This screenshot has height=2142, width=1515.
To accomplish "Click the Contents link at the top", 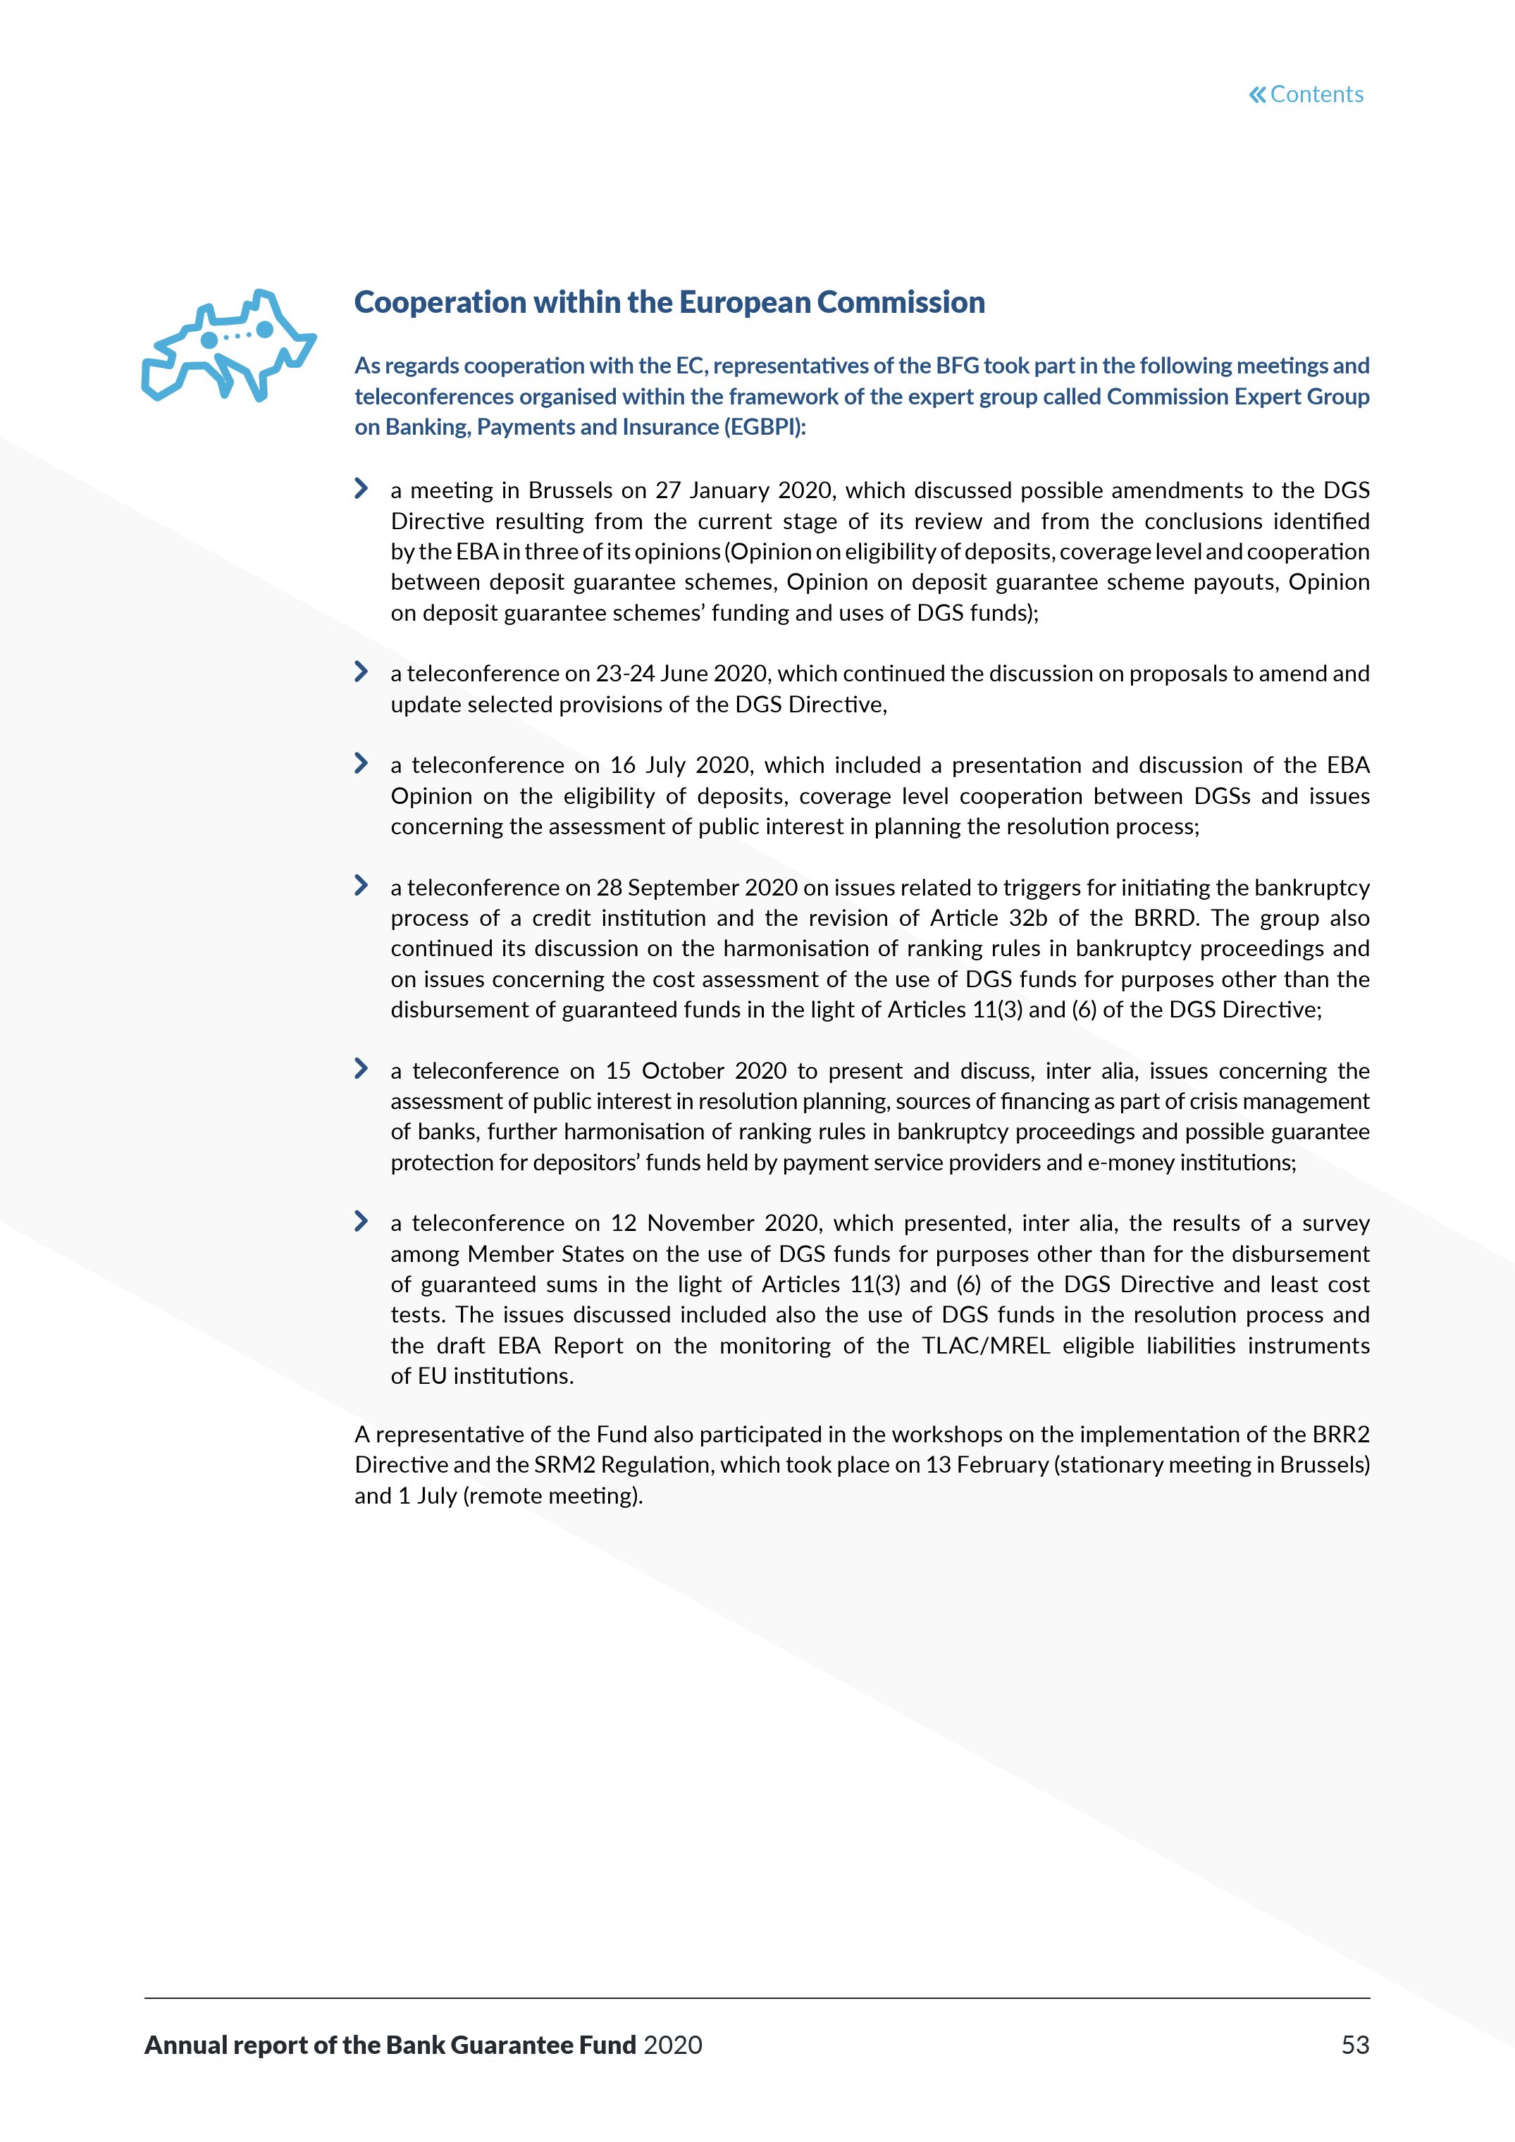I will click(1316, 94).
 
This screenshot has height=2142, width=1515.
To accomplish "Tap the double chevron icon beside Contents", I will click(1258, 94).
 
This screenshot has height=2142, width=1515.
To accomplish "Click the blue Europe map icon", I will click(228, 346).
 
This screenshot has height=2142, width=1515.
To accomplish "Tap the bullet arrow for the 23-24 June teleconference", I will click(361, 671).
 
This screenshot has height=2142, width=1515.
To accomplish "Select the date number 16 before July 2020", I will click(622, 766).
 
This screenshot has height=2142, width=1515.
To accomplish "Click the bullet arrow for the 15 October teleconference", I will click(361, 1069).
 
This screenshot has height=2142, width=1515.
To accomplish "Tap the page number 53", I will click(1354, 2045).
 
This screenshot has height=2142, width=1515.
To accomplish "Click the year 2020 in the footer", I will click(673, 2045).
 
